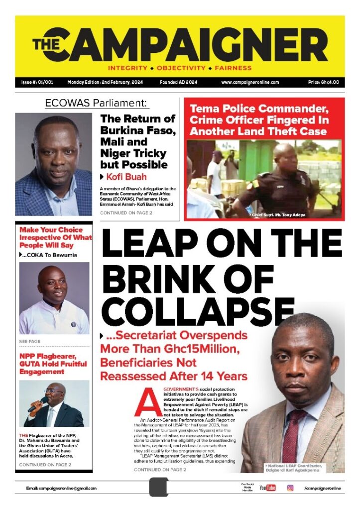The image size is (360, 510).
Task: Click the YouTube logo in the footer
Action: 267,488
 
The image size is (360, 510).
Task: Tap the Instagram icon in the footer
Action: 290,488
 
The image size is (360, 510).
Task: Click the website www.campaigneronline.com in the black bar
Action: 249,82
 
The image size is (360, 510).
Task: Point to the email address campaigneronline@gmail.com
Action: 61,489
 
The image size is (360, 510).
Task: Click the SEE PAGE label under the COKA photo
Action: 30,342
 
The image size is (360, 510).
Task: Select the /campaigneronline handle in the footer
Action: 322,488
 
